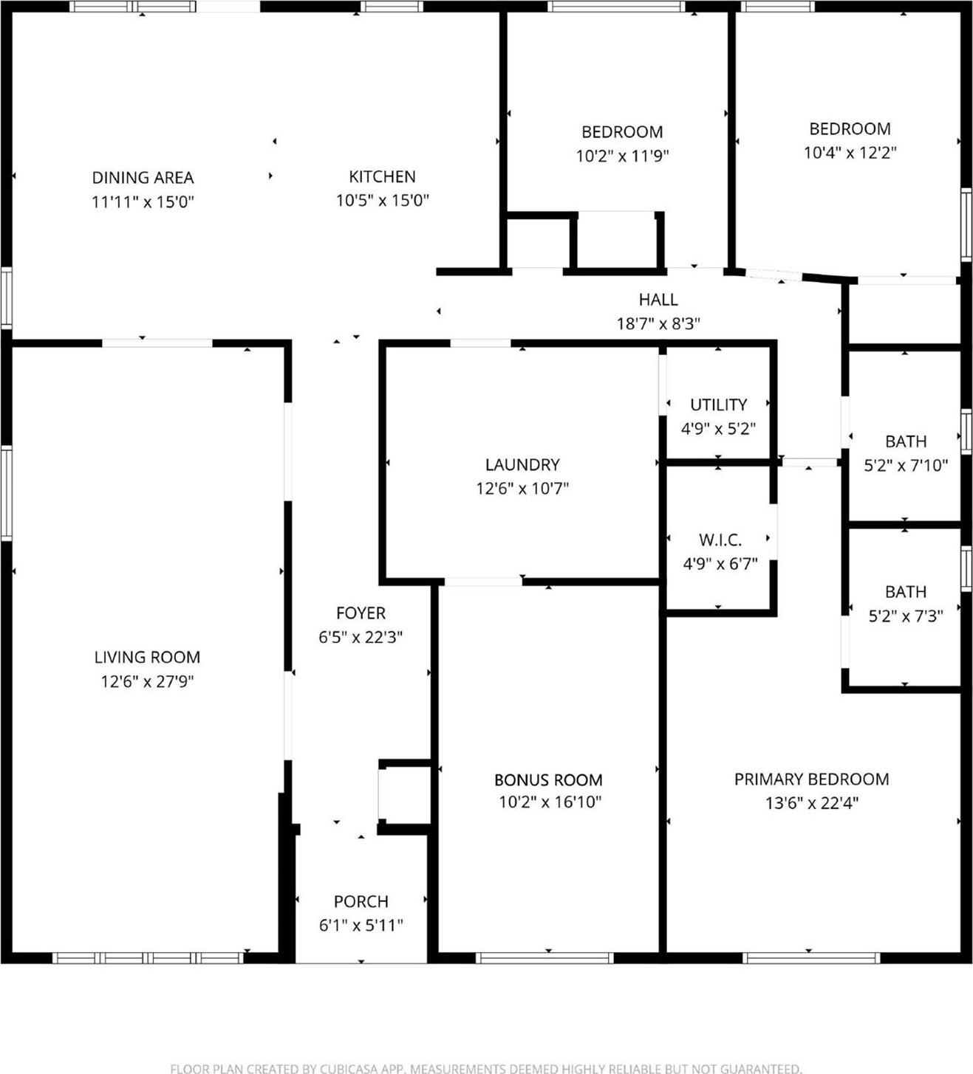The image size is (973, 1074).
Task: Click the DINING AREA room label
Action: coord(143,178)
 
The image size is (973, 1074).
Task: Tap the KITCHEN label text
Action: coord(382,177)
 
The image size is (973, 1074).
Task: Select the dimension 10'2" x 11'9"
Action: coord(622,156)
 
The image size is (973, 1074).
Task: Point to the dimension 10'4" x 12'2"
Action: coord(850,153)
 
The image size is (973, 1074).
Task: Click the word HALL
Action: coord(658,300)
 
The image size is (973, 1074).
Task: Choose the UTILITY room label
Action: coord(718,405)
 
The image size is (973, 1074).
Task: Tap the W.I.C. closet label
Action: coord(720,540)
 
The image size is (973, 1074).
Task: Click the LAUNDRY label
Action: coord(522,465)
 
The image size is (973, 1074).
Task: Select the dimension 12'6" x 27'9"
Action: coord(147,681)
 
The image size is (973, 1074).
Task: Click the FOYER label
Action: coord(361,613)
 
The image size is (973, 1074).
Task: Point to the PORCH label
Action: coord(361,902)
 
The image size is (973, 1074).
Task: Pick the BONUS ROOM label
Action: coord(548,780)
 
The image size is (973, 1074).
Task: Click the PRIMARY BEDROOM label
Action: coord(811,779)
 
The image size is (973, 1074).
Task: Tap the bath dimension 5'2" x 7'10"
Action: coord(906,466)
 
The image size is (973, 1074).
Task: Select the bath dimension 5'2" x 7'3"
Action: coord(906,616)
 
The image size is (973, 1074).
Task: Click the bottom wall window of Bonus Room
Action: coord(544,958)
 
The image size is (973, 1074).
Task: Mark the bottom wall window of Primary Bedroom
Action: coord(811,958)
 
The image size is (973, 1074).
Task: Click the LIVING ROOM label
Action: coord(147,658)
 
